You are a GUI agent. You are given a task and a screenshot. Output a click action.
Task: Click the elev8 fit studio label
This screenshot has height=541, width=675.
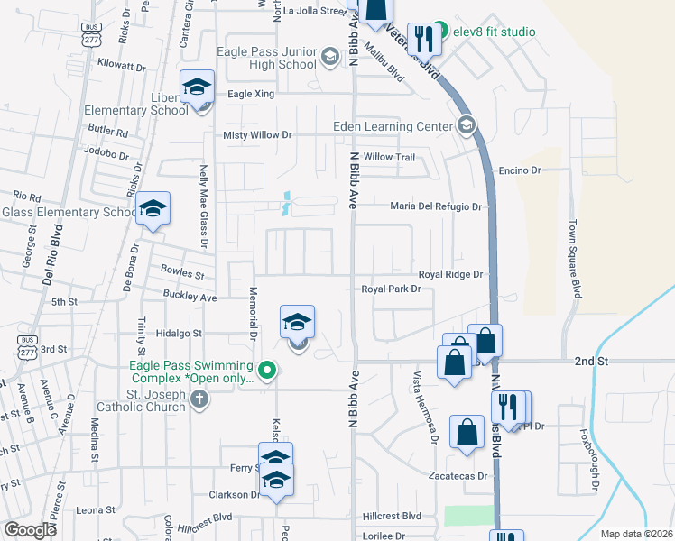point(494,32)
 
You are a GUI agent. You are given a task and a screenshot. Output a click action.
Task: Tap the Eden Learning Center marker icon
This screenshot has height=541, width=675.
point(467,125)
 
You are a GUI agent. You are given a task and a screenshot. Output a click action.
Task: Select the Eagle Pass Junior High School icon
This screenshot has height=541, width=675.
point(330,60)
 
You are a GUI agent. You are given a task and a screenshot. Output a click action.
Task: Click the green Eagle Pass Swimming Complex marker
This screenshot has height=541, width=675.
point(266,371)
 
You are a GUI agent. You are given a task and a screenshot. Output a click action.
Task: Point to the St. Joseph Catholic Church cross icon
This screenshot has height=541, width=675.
point(199,405)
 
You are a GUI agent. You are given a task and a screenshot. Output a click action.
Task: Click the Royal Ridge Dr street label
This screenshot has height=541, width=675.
point(451,274)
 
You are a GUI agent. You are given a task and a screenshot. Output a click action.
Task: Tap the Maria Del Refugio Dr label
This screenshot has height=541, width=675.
point(436,206)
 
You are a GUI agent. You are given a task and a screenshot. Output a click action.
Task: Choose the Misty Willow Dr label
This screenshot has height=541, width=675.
point(258,135)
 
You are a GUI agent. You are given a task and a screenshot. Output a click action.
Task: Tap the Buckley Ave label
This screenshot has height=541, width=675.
point(190,296)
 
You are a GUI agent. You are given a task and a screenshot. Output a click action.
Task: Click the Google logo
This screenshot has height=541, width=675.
point(30,530)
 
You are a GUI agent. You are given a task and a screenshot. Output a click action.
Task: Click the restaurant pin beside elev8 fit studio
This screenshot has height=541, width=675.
point(422,38)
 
